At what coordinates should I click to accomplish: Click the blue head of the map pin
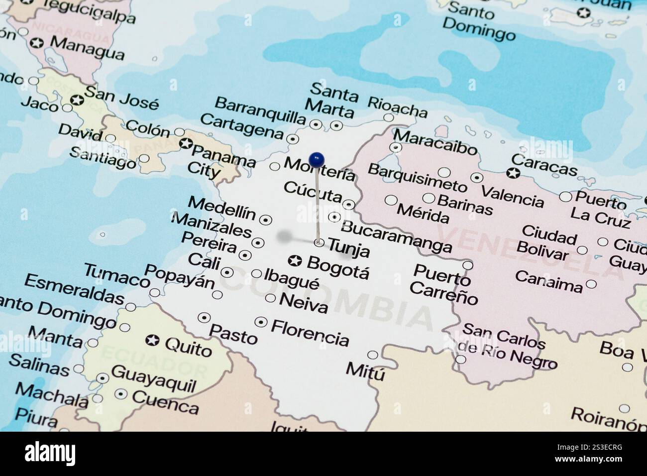[x=317, y=160]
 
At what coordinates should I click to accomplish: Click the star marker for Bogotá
[x=296, y=260]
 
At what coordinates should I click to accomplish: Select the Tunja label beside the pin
[x=349, y=247]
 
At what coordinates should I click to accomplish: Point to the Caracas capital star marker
[x=513, y=174]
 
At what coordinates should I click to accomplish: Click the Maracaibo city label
[x=434, y=142]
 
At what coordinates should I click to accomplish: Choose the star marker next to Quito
[x=152, y=341]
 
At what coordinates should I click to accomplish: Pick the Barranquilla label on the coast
[x=260, y=111]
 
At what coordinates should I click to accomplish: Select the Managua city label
[x=87, y=48]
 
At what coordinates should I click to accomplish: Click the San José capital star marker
[x=77, y=100]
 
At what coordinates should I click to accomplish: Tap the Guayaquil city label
[x=154, y=378]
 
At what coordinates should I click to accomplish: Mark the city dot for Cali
[x=227, y=272]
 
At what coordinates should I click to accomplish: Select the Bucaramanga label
[x=396, y=236]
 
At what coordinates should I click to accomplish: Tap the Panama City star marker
[x=186, y=144]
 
